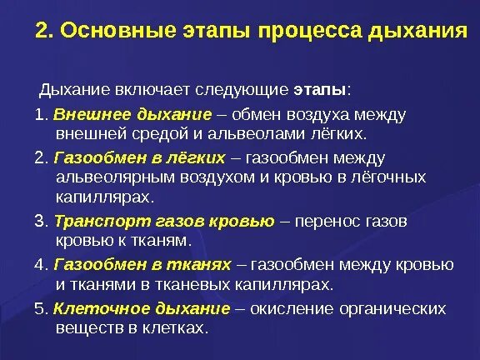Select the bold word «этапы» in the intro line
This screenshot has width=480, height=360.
click(x=320, y=89)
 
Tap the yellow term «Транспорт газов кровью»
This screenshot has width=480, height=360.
click(x=163, y=221)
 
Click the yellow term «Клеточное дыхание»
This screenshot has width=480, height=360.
click(x=142, y=309)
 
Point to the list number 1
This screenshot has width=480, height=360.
click(x=39, y=112)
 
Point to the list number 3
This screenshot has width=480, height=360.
click(x=39, y=221)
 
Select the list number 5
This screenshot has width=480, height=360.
click(x=39, y=309)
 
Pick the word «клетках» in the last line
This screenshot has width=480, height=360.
click(x=177, y=330)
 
